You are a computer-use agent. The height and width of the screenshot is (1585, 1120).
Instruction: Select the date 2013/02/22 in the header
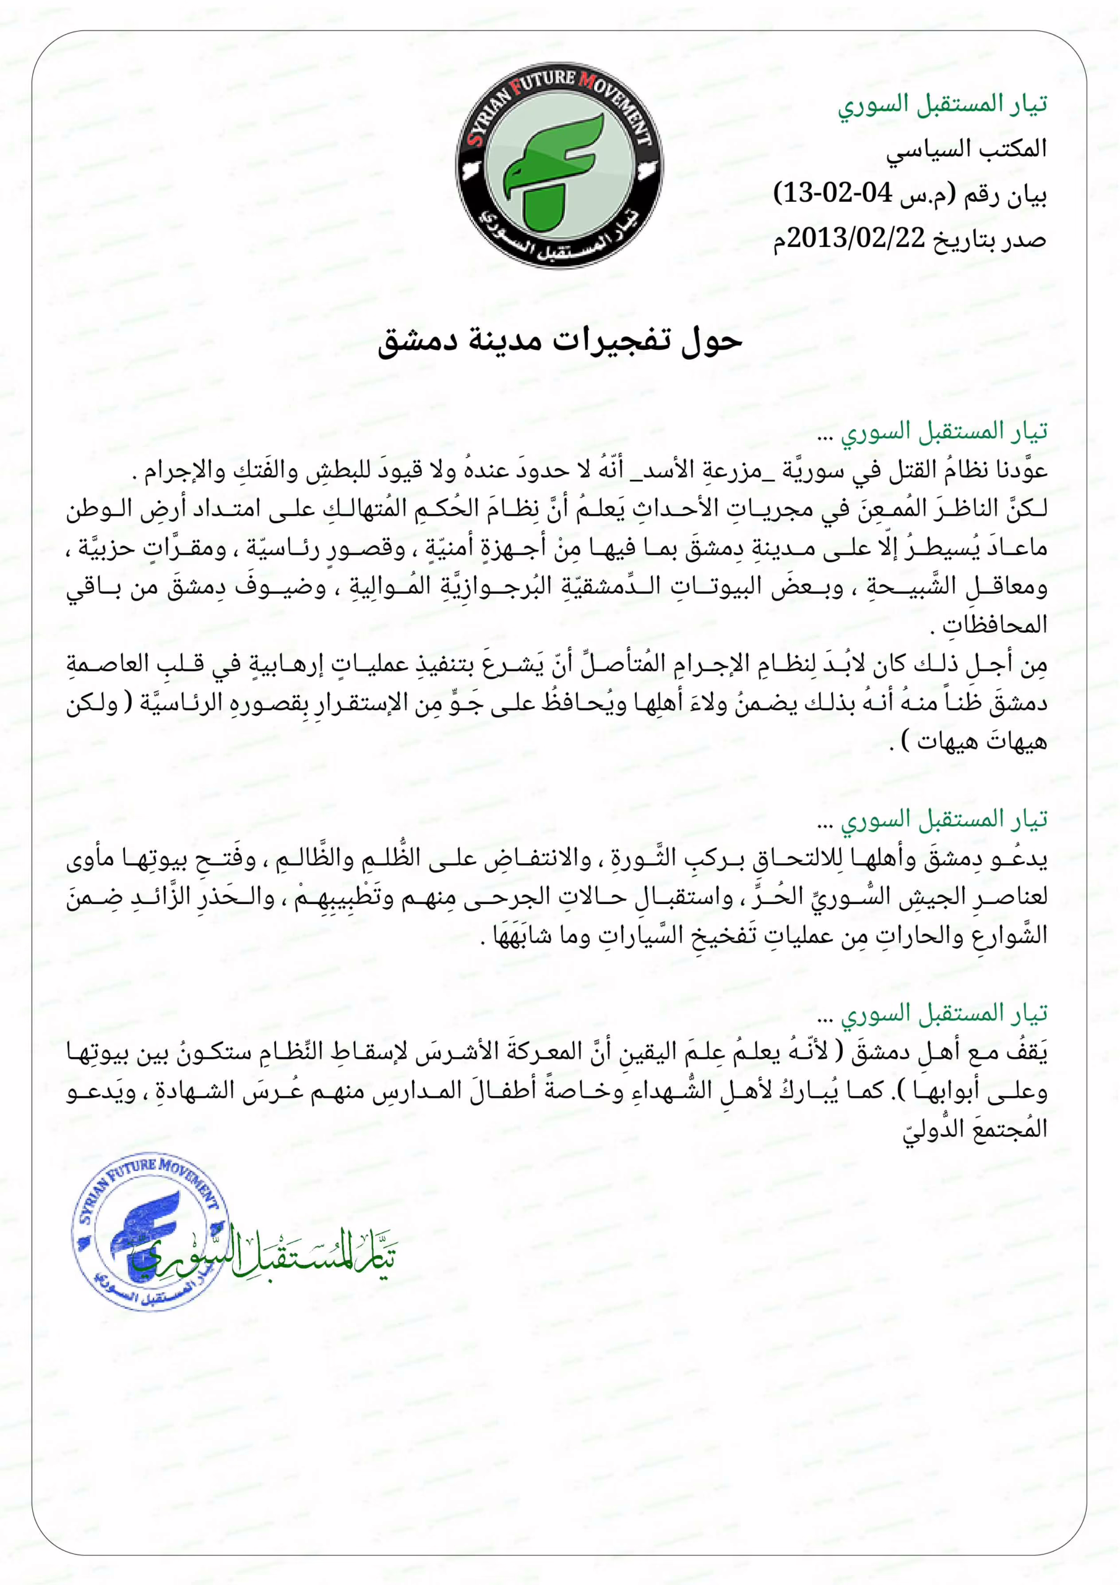856,238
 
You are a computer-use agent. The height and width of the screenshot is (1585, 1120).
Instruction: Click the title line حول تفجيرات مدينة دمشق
559,341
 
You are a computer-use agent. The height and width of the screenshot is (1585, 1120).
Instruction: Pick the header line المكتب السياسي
966,149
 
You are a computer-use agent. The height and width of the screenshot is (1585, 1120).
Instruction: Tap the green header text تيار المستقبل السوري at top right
942,104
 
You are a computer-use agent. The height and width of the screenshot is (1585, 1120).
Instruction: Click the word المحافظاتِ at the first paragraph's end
994,625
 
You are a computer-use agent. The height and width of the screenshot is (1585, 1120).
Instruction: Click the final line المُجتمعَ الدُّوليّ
975,1130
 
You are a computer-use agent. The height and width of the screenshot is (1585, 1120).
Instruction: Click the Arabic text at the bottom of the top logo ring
561,238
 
